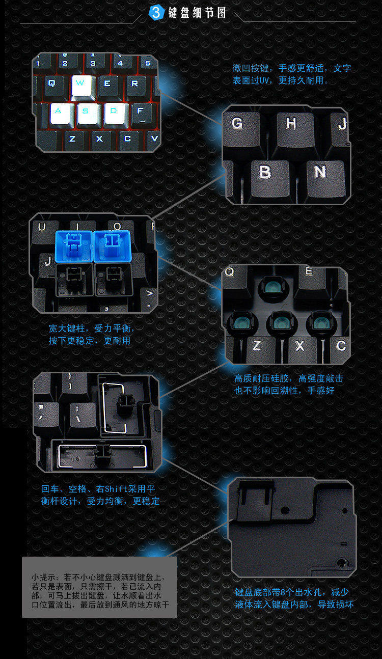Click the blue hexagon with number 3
click(156, 13)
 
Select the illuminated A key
click(60, 113)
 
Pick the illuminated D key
click(115, 113)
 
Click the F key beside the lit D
click(142, 113)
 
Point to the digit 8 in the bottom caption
click(283, 592)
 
